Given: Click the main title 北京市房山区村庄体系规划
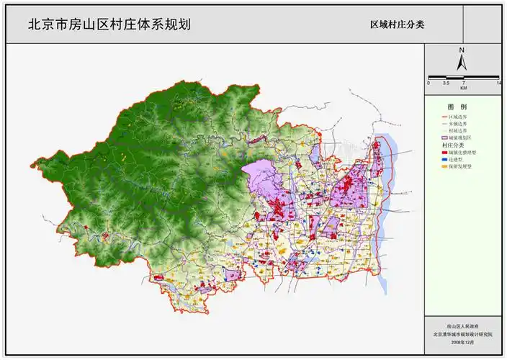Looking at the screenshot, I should click(x=109, y=23).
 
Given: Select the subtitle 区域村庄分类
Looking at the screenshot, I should click(x=398, y=24).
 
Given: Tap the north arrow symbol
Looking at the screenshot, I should click(x=462, y=64).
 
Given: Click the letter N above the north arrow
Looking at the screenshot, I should click(x=462, y=50).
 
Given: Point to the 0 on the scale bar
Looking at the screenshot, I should click(x=429, y=84).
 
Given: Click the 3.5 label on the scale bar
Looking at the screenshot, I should click(x=446, y=84).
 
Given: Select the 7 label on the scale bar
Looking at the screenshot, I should click(x=464, y=84).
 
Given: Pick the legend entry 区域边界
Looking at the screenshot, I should click(x=459, y=116).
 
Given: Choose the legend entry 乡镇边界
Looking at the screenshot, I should click(x=459, y=123).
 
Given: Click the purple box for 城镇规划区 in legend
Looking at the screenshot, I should click(x=444, y=137).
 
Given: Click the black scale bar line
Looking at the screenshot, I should click(x=464, y=77).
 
